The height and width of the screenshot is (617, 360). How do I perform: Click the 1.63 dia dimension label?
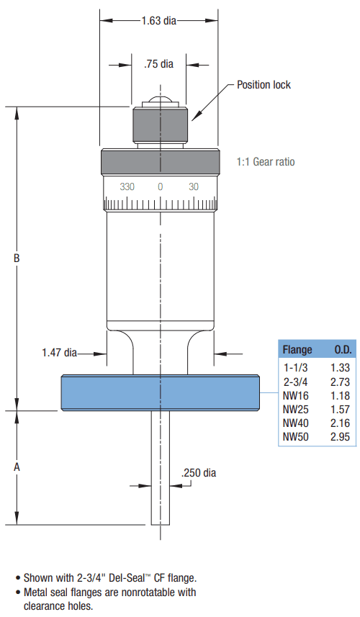tap(158, 20)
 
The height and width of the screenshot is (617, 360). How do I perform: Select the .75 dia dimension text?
tap(158, 64)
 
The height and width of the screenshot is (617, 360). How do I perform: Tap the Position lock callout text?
tap(264, 85)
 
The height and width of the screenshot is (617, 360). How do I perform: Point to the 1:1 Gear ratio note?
tap(266, 162)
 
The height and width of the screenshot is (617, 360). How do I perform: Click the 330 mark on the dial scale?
tap(127, 186)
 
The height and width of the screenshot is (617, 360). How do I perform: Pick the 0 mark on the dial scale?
tap(160, 186)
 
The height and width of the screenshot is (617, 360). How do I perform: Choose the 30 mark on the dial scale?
tap(194, 186)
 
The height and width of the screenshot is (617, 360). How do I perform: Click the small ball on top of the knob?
tap(160, 102)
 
